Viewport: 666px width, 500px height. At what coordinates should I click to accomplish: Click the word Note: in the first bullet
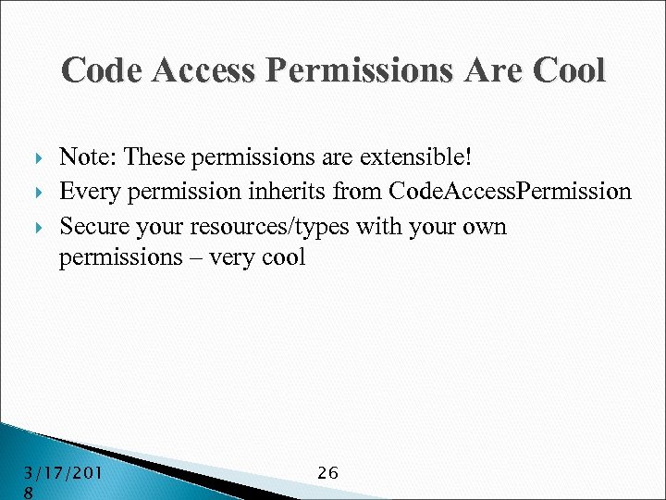87,158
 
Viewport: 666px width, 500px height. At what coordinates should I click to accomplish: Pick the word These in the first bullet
152,158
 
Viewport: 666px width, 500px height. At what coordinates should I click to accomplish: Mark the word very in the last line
232,258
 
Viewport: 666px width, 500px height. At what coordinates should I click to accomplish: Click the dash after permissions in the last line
193,257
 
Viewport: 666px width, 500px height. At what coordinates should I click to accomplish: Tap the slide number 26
327,473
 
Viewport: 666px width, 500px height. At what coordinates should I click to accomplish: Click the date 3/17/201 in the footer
62,473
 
